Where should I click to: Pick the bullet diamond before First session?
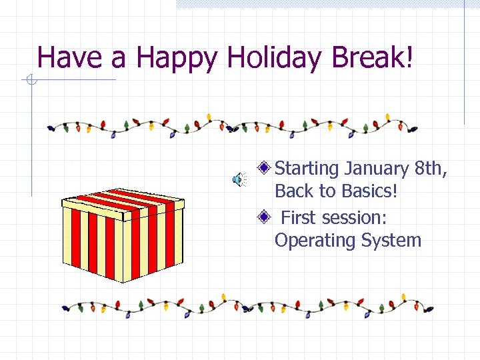click(x=265, y=216)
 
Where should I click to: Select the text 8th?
click(x=431, y=169)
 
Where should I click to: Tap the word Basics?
click(x=369, y=191)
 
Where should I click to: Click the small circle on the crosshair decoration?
click(x=30, y=81)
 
